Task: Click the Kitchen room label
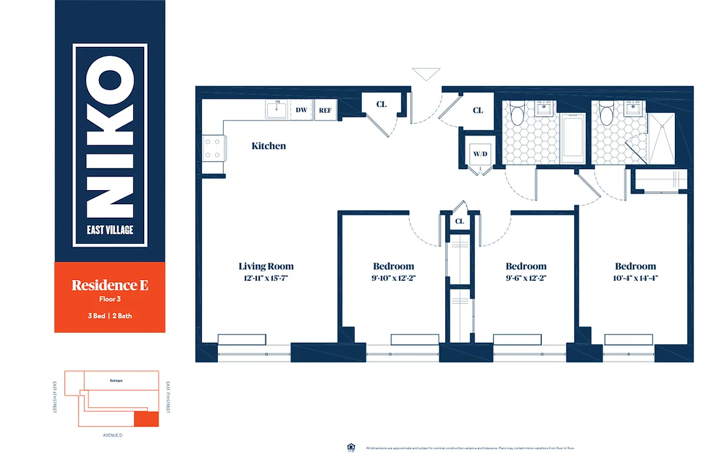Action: pyautogui.click(x=269, y=146)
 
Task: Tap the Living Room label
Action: pyautogui.click(x=266, y=266)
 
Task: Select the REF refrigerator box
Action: pyautogui.click(x=325, y=110)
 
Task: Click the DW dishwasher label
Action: pyautogui.click(x=301, y=110)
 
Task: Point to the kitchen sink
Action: pyautogui.click(x=276, y=109)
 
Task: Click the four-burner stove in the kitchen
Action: pyautogui.click(x=213, y=147)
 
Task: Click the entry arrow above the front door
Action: pyautogui.click(x=426, y=74)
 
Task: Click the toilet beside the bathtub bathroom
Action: pyautogui.click(x=517, y=113)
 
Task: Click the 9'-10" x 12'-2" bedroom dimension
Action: pyautogui.click(x=393, y=278)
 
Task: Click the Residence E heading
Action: pyautogui.click(x=110, y=285)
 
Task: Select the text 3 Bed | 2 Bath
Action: pyautogui.click(x=110, y=316)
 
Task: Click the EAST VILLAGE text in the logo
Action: pyautogui.click(x=110, y=230)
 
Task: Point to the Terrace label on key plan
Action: pyautogui.click(x=116, y=381)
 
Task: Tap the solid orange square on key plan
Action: pyautogui.click(x=146, y=419)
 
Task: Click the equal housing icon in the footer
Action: pyautogui.click(x=351, y=448)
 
